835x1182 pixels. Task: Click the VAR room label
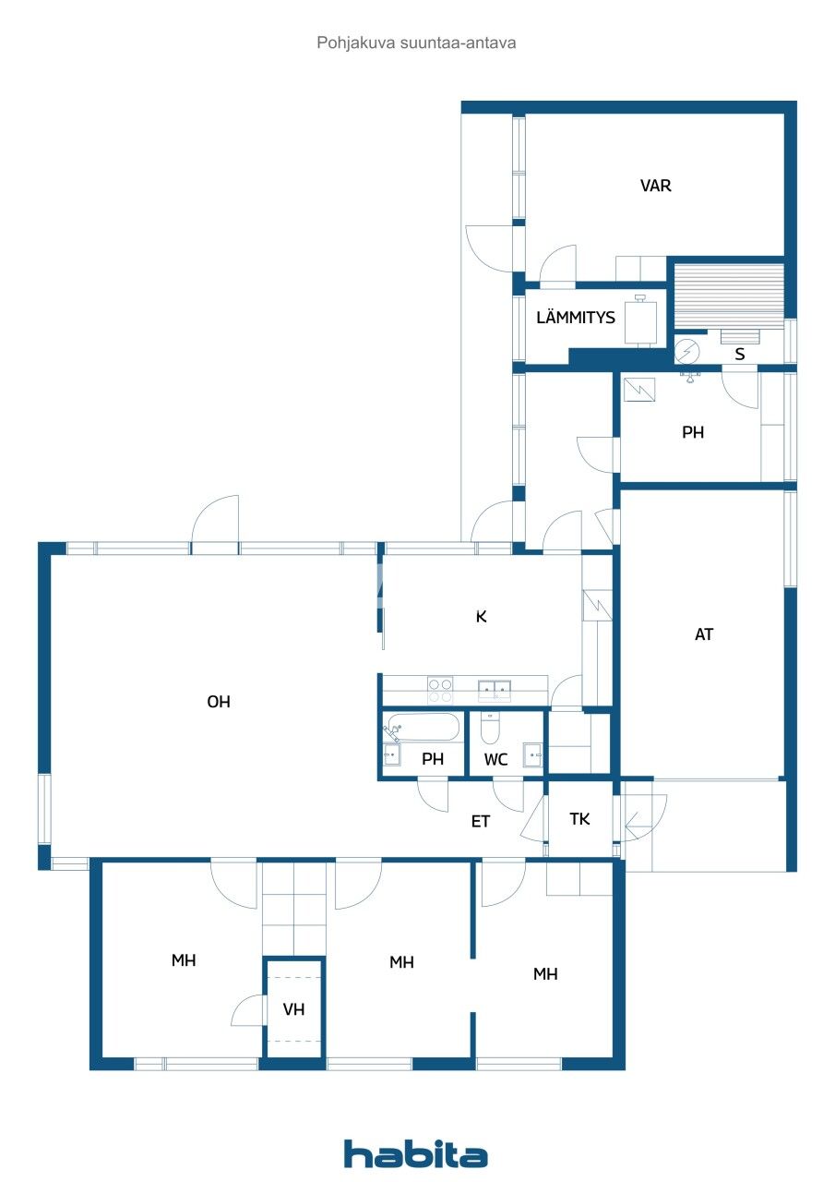coord(656,186)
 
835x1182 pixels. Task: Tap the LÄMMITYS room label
coord(576,318)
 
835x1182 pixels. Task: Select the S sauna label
coord(739,354)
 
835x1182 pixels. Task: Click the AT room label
coord(704,634)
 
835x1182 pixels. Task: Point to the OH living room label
coord(219,702)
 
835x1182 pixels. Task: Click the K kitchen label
coord(481,616)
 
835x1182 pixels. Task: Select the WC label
coord(496,760)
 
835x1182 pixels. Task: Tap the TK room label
coord(579,819)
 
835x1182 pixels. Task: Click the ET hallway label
coord(481,821)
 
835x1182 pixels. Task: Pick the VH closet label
coord(293,1009)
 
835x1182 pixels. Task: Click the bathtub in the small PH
coord(423,728)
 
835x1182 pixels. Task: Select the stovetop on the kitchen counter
coord(440,685)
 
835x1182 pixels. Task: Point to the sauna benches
coord(728,295)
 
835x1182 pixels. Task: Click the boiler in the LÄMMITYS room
coord(642,321)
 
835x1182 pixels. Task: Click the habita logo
coord(416,1154)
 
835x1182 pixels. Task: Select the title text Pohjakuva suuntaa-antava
coord(417,42)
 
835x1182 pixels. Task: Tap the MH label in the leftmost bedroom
coord(184,961)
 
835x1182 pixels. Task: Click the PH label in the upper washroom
coord(693,432)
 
